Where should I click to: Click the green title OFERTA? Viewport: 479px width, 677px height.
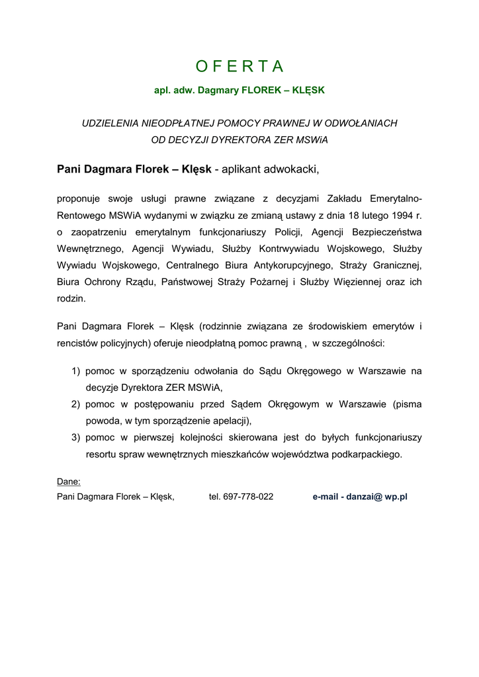point(239,66)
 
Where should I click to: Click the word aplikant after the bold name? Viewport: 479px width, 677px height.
point(242,169)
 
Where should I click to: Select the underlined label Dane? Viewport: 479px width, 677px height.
point(69,482)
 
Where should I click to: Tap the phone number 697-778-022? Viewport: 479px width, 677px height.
point(248,497)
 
